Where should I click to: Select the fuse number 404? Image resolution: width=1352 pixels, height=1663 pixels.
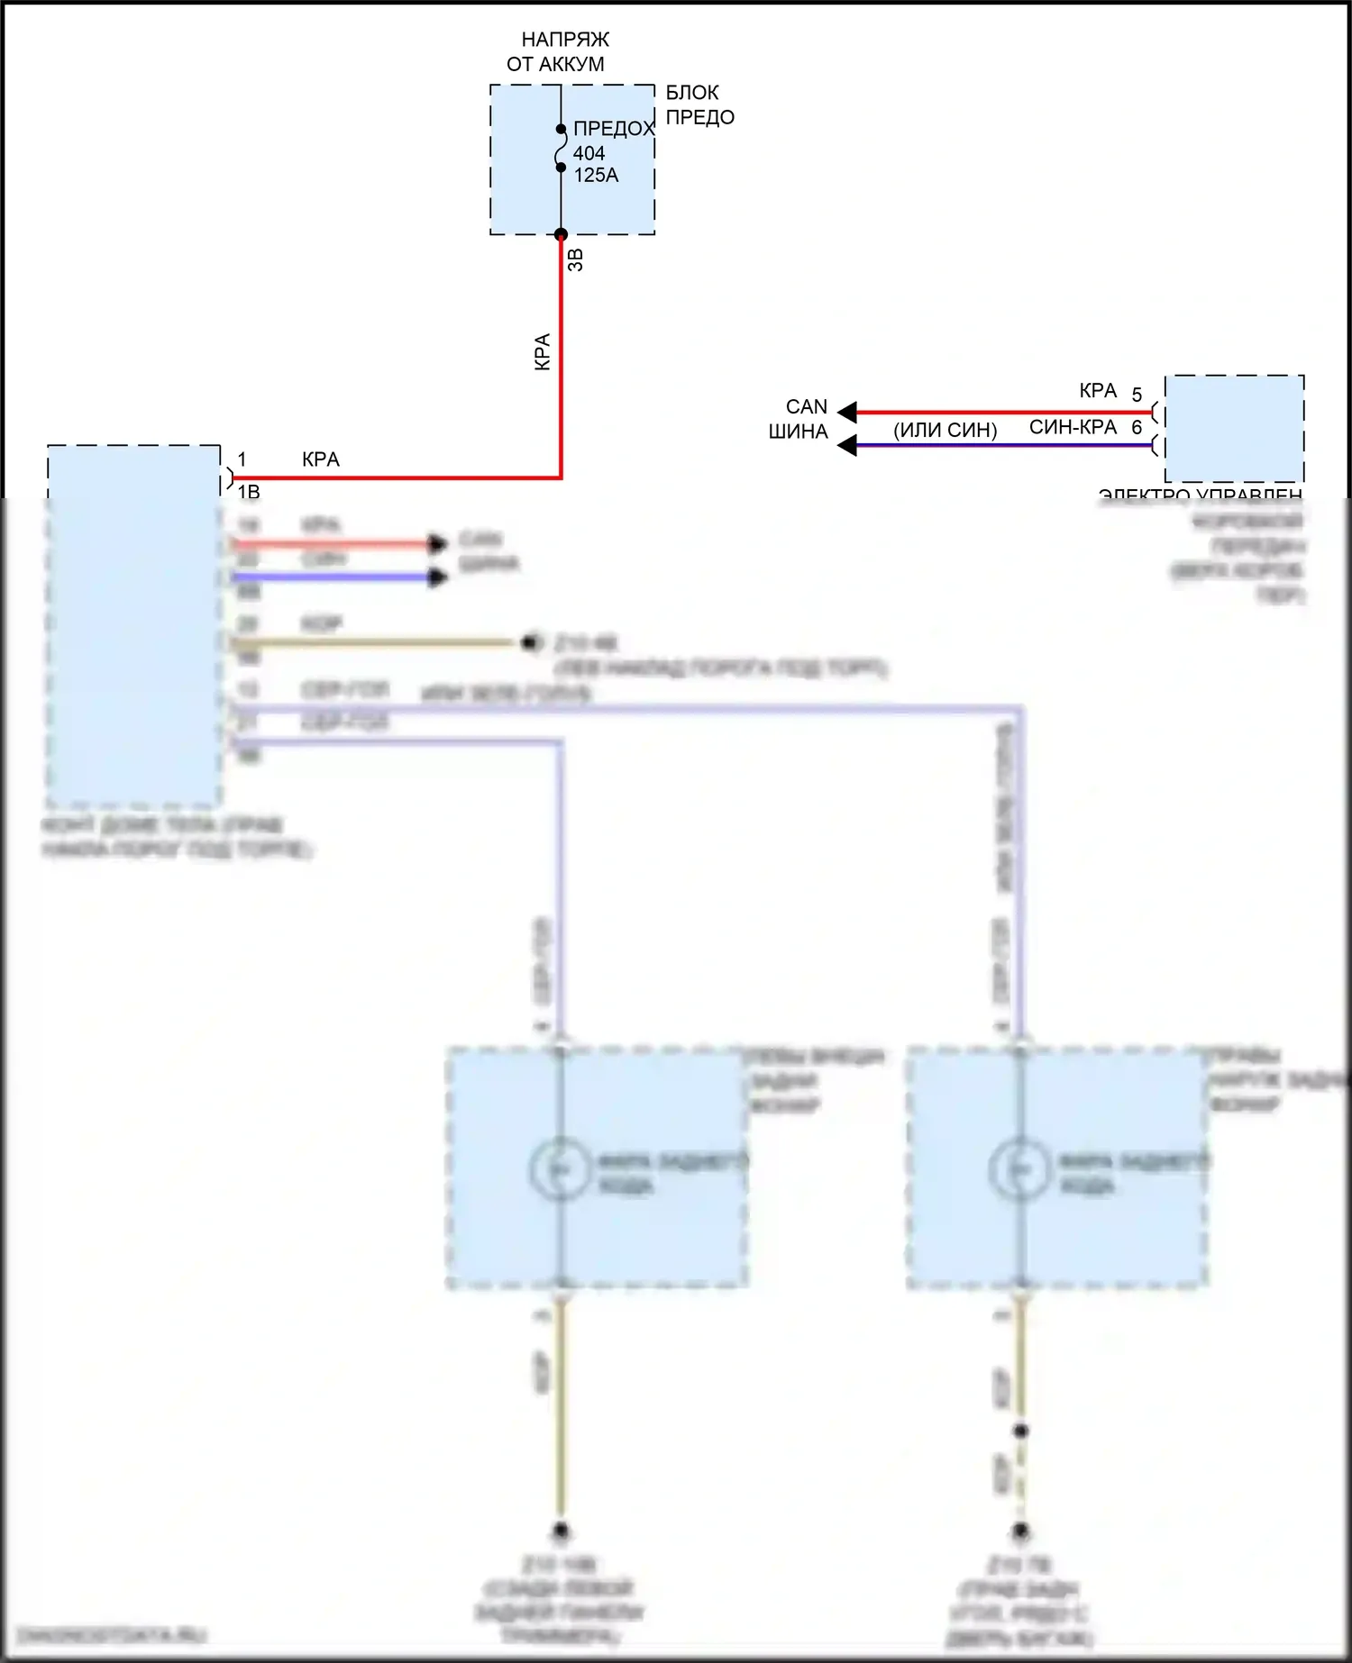(x=589, y=153)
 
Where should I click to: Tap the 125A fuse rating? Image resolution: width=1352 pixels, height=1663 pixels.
(x=596, y=176)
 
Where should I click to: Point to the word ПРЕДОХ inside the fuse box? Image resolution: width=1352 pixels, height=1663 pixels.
(x=613, y=129)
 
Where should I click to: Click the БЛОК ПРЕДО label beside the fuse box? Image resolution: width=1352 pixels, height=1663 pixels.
(x=699, y=105)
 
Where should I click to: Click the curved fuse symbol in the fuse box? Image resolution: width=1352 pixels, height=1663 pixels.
(x=560, y=149)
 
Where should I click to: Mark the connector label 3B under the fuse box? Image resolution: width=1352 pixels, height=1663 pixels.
(x=577, y=259)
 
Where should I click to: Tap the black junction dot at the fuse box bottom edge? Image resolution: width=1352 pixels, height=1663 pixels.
(x=561, y=235)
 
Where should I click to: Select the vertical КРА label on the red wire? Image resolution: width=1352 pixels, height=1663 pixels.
(x=543, y=352)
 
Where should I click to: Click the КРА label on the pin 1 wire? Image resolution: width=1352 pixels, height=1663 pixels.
(x=321, y=459)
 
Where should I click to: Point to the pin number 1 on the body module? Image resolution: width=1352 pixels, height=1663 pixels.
(x=242, y=459)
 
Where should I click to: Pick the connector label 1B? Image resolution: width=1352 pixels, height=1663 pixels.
(x=249, y=492)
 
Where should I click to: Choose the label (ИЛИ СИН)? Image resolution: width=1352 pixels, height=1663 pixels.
(x=945, y=431)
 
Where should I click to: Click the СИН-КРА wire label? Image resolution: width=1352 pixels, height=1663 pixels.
(x=1073, y=427)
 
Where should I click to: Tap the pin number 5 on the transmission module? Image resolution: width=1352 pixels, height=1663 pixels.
(x=1137, y=395)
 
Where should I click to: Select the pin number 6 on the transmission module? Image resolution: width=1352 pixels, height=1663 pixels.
(x=1137, y=427)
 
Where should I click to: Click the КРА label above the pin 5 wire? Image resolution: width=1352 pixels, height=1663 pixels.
(x=1098, y=391)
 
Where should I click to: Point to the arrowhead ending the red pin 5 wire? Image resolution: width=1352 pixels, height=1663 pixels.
(x=847, y=413)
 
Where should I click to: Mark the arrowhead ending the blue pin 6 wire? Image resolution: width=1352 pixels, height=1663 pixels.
(x=847, y=445)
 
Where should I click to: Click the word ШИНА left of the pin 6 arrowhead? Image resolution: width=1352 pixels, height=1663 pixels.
(x=798, y=432)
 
